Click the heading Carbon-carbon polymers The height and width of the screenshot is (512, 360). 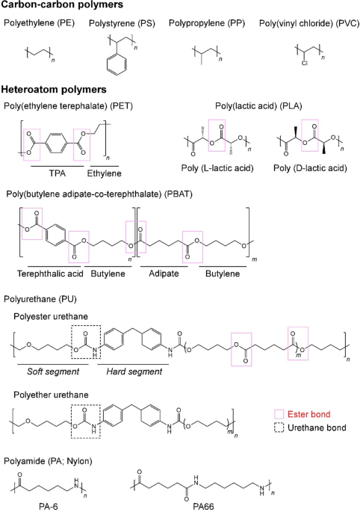62,5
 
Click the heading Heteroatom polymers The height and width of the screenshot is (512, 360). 54,90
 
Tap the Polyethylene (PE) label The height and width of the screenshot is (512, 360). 39,23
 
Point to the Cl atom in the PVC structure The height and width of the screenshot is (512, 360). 304,63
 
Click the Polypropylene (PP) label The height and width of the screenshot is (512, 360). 207,23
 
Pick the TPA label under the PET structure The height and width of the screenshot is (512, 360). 58,173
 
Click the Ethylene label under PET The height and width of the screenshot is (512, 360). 104,173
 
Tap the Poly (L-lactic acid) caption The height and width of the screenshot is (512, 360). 217,168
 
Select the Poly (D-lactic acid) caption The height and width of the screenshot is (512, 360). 310,168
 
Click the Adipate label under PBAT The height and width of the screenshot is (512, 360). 164,274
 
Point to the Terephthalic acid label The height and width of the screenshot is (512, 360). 50,274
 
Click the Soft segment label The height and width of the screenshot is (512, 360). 53,371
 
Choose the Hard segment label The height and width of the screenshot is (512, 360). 134,371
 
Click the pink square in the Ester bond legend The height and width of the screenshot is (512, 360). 279,414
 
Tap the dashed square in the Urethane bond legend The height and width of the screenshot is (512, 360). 279,428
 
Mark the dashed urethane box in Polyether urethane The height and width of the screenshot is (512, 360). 72,422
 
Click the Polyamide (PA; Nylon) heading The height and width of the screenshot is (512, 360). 48,461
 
